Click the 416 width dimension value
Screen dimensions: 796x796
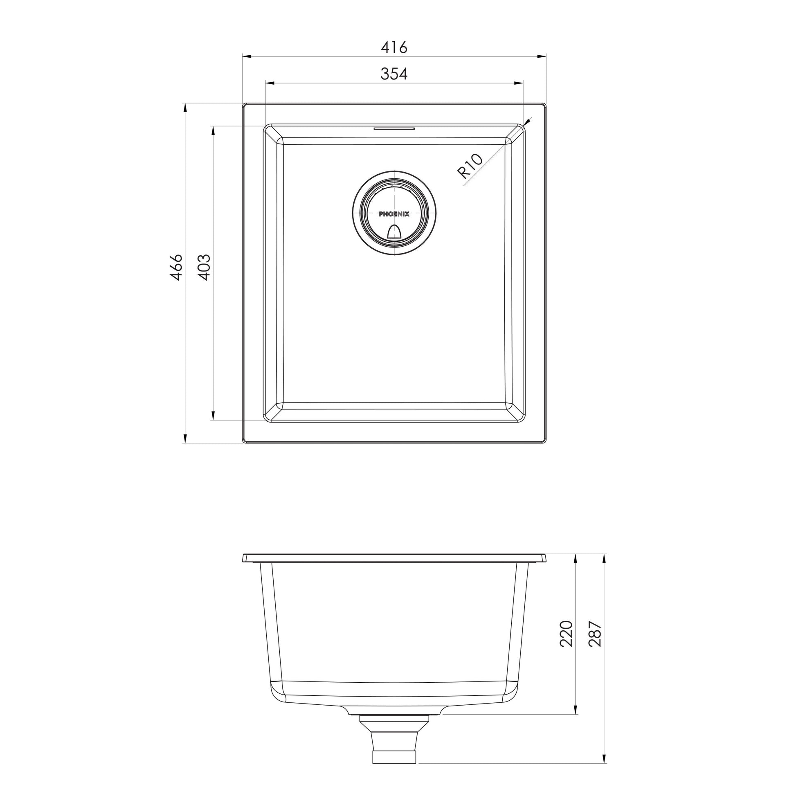pos(394,47)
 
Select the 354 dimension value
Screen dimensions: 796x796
pos(394,74)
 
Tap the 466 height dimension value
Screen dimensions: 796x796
pos(176,268)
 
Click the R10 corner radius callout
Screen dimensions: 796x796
pos(470,165)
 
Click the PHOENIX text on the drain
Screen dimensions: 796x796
pos(394,214)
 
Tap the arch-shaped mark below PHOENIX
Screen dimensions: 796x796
pos(394,232)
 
